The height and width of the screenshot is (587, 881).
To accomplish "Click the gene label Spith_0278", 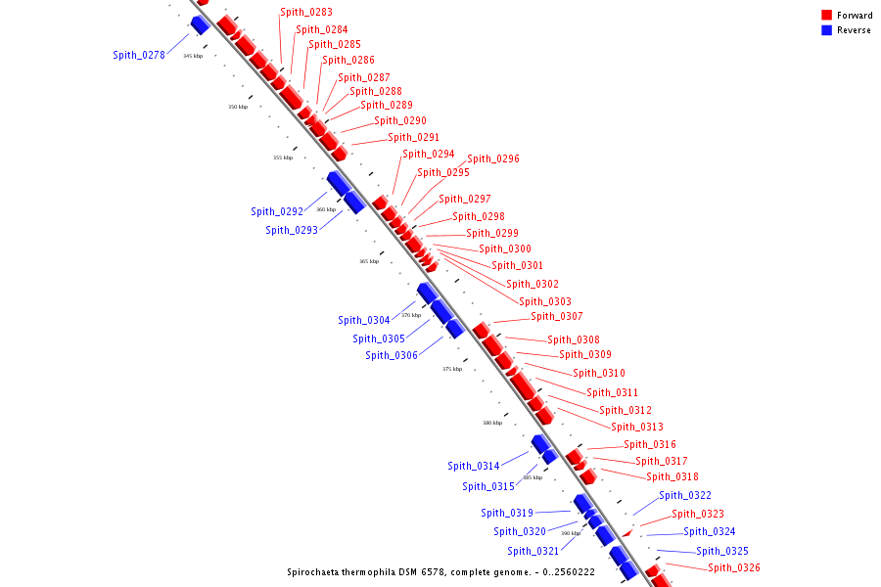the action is [x=138, y=55].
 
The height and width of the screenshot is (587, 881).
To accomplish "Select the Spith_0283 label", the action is [x=306, y=13].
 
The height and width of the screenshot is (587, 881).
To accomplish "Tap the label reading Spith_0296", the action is [x=493, y=158].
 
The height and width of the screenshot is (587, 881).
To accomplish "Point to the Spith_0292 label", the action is [x=277, y=211].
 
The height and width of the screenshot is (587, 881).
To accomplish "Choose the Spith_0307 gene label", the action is [x=557, y=316].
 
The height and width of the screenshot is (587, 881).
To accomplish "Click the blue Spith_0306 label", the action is [x=392, y=355].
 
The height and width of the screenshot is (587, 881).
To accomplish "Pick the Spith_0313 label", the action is [x=637, y=427].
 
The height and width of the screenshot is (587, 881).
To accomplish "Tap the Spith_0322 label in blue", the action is [x=685, y=495].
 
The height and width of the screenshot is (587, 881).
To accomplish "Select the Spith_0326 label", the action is [x=734, y=567].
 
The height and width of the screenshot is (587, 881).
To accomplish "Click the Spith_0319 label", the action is [x=507, y=513].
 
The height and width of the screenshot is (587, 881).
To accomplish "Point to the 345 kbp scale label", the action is [x=193, y=56].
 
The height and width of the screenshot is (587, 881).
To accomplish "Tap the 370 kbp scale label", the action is [x=411, y=315].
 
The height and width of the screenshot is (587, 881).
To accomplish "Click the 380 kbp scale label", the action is [x=492, y=423].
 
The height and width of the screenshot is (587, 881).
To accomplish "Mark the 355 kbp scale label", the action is [x=283, y=158].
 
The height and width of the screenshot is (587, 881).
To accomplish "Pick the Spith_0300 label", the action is [x=505, y=248].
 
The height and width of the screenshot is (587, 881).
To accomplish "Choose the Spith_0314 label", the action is [x=474, y=466].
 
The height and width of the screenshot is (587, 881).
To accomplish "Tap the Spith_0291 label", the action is [x=414, y=137].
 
